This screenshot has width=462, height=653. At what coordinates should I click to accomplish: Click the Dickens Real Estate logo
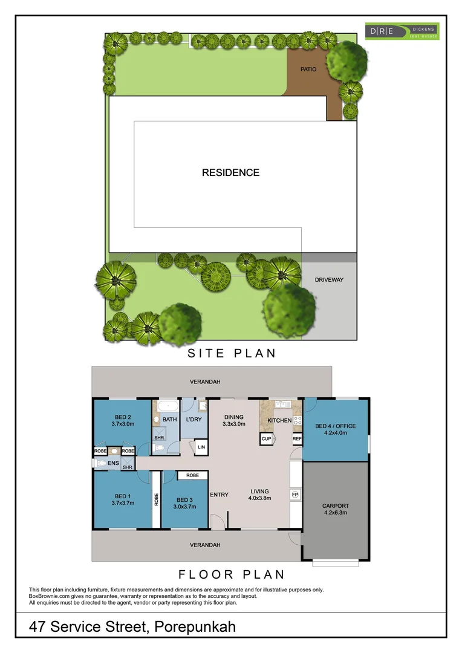[402, 31]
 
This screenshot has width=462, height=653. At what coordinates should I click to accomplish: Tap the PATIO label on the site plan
[308, 70]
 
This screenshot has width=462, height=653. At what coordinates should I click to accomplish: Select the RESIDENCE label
[230, 173]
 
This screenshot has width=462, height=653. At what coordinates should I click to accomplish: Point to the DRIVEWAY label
[329, 280]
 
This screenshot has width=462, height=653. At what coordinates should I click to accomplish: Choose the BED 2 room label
[123, 417]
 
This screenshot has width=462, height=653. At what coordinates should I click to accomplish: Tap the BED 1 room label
[123, 498]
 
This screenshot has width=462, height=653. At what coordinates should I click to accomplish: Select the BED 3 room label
[185, 499]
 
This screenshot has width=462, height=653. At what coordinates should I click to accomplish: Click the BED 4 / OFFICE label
[336, 426]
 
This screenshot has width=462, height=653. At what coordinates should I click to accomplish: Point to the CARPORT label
[336, 506]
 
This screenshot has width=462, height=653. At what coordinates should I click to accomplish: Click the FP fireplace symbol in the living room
[295, 494]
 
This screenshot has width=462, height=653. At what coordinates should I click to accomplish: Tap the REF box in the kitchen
[297, 439]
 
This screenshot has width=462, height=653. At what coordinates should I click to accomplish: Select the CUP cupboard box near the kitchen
[266, 439]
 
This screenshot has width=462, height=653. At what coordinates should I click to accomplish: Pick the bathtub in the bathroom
[167, 406]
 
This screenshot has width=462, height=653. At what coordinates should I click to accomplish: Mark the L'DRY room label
[194, 419]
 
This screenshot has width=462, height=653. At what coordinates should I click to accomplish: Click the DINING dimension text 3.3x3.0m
[234, 424]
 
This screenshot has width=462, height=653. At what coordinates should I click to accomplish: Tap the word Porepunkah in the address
[195, 627]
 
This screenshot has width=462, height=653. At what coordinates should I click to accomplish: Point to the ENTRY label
[219, 495]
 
